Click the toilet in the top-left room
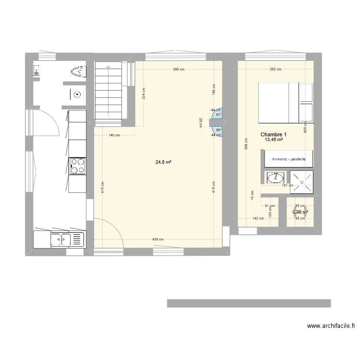point(78,72)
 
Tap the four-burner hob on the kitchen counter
point(77,166)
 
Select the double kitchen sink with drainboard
point(60,238)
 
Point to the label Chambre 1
point(274,134)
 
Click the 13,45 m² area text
point(273,140)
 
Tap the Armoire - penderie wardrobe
point(288,159)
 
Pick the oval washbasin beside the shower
point(275,178)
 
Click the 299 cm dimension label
point(179,70)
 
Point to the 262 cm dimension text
point(276,70)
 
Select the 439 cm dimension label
point(158,240)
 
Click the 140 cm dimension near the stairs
point(114,135)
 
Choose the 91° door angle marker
point(218,115)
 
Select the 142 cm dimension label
point(258,218)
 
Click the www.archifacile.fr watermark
point(331,326)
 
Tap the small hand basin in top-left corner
point(36,72)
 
